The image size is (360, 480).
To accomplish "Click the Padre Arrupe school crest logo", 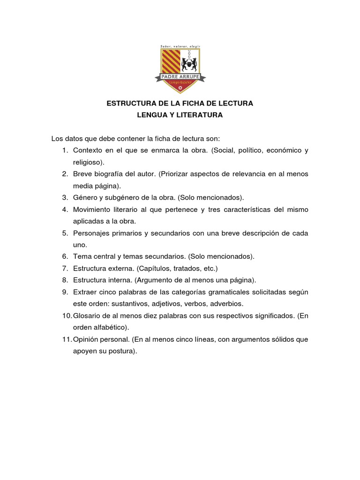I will click(180, 69).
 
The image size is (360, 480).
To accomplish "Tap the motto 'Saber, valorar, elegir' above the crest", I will click(180, 46).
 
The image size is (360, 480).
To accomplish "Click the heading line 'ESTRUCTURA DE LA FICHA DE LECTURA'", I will click(180, 103).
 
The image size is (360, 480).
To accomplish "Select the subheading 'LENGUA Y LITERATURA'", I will click(180, 115).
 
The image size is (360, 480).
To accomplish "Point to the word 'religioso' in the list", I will click(88, 162).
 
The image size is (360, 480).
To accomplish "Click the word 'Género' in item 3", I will click(85, 197).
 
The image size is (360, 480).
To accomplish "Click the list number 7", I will click(65, 268).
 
